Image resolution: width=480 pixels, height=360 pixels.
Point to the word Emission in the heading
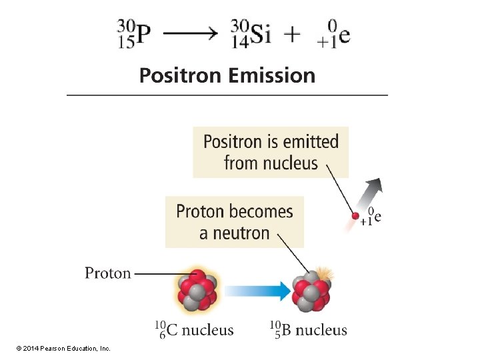[x=271, y=75]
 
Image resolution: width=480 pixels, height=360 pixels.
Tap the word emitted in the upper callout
[x=311, y=141]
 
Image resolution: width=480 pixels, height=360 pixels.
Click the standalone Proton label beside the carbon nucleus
[x=108, y=273]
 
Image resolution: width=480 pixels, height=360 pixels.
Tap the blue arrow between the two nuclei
[x=258, y=291]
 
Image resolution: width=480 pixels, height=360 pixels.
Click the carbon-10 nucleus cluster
[x=197, y=291]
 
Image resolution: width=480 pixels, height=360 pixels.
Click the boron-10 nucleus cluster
[x=311, y=291]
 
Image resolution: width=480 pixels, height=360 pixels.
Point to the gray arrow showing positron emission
[x=371, y=195]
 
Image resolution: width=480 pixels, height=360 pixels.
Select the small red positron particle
[x=355, y=216]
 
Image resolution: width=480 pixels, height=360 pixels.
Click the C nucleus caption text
[x=194, y=329]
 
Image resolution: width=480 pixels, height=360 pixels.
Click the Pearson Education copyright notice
[x=64, y=349]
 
